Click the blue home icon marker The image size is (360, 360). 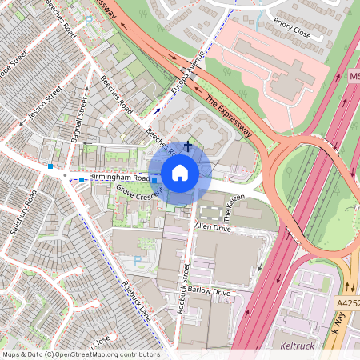click(180, 173)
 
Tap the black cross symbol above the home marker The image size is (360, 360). click(188, 146)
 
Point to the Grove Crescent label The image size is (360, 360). click(139, 194)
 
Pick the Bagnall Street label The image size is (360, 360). click(80, 121)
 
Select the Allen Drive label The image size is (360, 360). click(213, 228)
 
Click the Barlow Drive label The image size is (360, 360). click(210, 293)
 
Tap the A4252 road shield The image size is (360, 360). click(348, 303)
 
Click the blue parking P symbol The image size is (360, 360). click(138, 259)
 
